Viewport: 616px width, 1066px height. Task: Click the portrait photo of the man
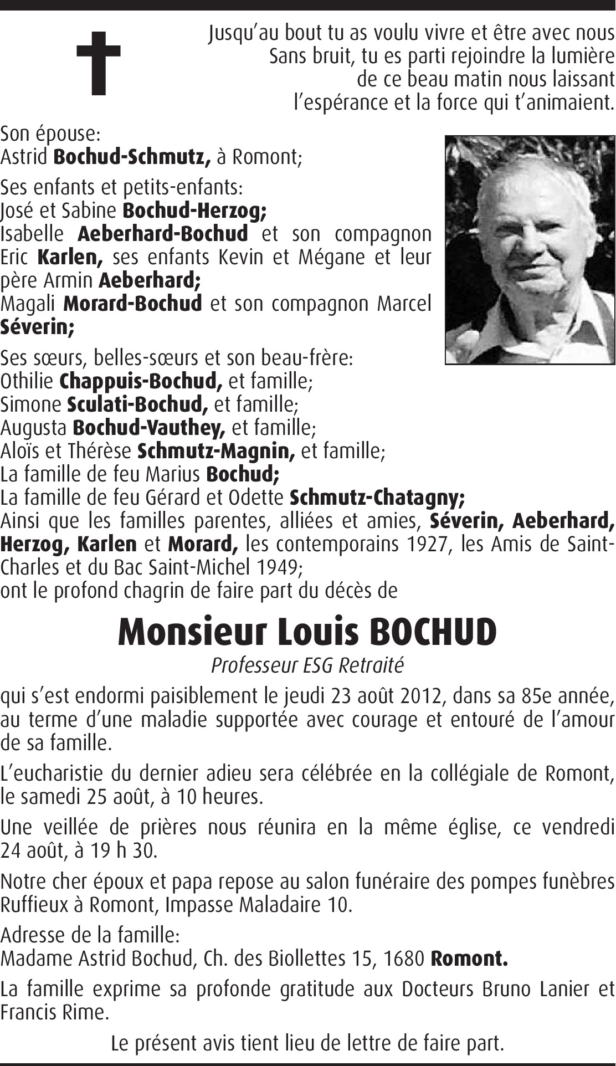click(x=530, y=250)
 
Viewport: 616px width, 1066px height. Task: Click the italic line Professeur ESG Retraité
click(x=307, y=665)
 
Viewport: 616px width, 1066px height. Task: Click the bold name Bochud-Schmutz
click(x=132, y=157)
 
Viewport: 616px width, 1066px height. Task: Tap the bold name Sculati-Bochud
click(x=137, y=404)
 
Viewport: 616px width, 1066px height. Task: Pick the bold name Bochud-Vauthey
click(x=149, y=428)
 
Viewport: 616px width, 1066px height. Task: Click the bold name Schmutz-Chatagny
click(x=377, y=498)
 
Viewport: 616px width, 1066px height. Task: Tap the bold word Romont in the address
click(x=469, y=959)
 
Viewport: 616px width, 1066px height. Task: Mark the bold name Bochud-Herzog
click(x=194, y=211)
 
